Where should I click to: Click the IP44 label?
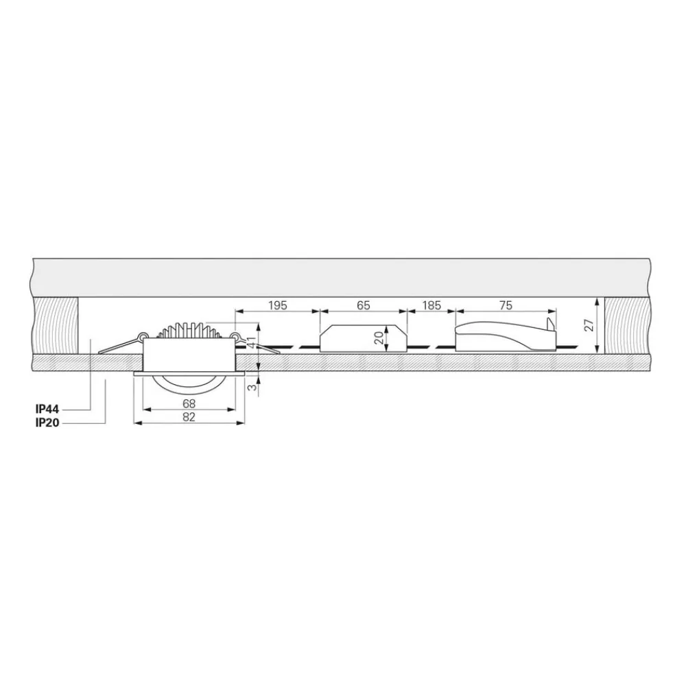[47, 410]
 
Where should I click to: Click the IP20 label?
[47, 423]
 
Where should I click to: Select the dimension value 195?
[277, 305]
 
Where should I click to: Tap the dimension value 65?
[364, 305]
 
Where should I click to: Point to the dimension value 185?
[431, 305]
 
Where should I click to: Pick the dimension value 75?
[506, 305]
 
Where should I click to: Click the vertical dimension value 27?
[589, 324]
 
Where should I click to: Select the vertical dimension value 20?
[379, 338]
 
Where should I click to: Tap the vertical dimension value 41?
[251, 342]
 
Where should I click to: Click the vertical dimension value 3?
[251, 387]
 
